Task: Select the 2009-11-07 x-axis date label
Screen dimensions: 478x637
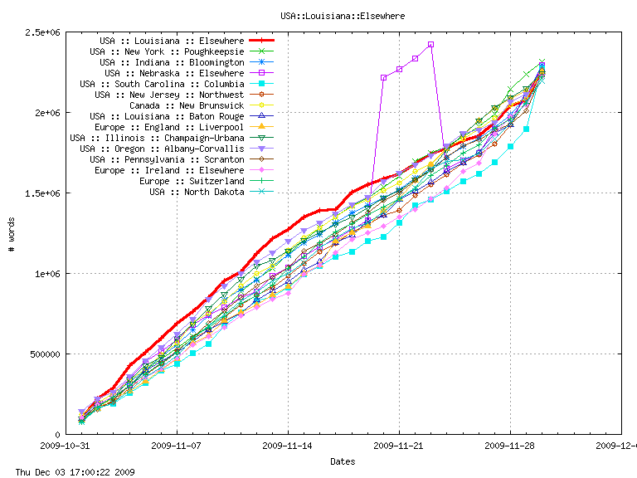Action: [x=177, y=446]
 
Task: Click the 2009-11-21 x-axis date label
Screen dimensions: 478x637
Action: [x=399, y=446]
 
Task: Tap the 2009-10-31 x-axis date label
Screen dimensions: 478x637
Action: [x=66, y=446]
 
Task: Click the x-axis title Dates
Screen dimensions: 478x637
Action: [x=343, y=461]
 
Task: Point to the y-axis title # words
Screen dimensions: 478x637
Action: [x=11, y=233]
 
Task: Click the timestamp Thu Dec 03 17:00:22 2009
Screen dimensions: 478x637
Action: [x=69, y=472]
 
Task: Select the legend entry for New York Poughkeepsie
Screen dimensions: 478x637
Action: [x=167, y=51]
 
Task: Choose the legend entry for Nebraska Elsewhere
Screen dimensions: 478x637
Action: [x=172, y=73]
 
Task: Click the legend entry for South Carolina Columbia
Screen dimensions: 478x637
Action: [x=162, y=84]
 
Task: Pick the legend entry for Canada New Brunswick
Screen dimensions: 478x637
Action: [x=187, y=105]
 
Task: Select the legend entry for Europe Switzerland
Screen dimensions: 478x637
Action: [x=192, y=181]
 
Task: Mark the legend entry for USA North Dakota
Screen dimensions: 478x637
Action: [x=197, y=192]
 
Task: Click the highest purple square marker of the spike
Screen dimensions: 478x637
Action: [x=431, y=44]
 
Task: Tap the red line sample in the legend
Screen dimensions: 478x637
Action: [x=261, y=41]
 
